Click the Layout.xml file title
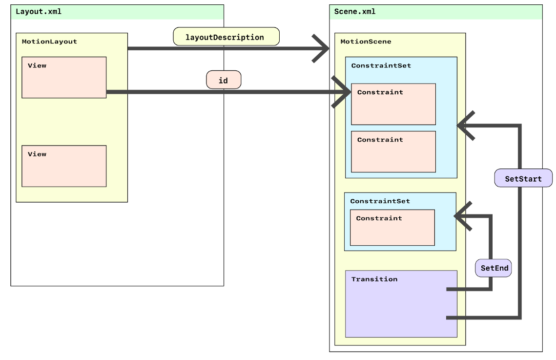39,12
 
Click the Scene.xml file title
355,12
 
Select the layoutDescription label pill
226,37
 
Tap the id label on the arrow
223,80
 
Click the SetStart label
523,178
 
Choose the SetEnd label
494,268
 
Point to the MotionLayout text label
49,42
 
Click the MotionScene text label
366,42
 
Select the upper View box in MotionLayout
64,77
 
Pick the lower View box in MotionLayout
64,166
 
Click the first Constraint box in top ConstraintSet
393,104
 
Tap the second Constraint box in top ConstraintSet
393,151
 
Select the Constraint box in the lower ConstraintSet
392,228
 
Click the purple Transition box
401,303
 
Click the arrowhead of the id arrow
342,92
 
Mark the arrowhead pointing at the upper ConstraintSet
465,126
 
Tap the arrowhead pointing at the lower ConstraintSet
463,215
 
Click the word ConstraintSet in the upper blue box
381,65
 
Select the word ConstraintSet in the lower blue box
380,201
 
